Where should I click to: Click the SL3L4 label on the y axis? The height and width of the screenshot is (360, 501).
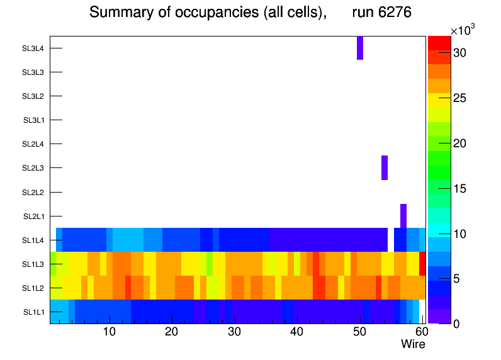point(33,48)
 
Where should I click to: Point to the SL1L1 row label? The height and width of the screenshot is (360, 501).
point(34,312)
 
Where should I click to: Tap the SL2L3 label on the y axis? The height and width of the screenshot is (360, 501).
point(33,168)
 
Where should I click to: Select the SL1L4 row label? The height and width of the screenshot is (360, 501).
point(34,240)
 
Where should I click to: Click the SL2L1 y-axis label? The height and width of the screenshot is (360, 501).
point(34,217)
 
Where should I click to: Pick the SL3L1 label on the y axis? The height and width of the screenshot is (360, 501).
point(34,120)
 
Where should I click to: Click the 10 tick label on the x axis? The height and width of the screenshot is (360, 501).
point(109,332)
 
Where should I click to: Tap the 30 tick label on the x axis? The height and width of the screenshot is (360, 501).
point(234,332)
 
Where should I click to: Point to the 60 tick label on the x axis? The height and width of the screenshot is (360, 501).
point(420,332)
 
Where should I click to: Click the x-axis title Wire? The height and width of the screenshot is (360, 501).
point(413,344)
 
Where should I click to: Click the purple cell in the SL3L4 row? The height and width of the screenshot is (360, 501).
point(360,48)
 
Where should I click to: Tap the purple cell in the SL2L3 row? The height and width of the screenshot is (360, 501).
point(385,167)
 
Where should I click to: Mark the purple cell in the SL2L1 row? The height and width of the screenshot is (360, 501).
point(403,216)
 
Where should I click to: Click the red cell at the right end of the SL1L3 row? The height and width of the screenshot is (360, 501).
point(422,264)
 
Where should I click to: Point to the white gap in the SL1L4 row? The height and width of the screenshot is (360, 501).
point(391,240)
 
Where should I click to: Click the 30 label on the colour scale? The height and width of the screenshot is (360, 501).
point(459,53)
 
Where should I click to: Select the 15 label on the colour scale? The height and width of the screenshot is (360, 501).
point(459,188)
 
